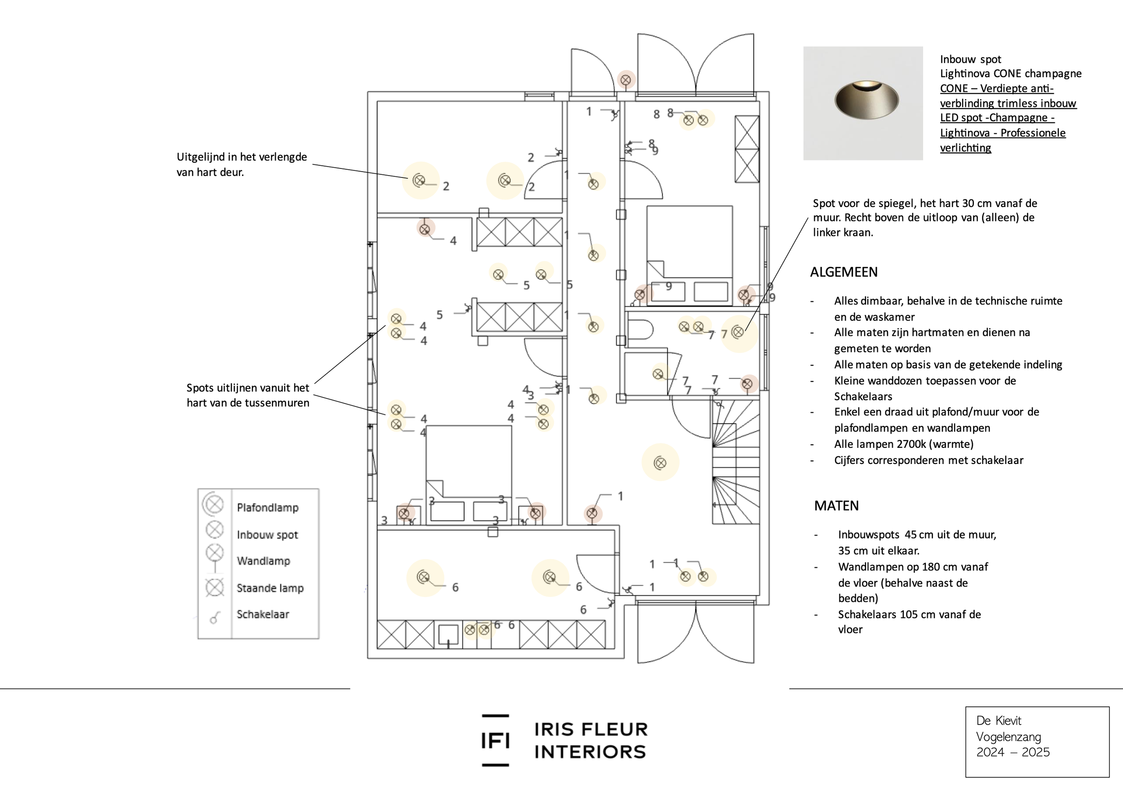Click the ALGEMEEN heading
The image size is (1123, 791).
[844, 272]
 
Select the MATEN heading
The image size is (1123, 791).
[836, 506]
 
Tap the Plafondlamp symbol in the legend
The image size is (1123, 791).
[213, 504]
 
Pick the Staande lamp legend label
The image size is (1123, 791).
[270, 588]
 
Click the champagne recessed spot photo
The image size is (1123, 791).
[863, 103]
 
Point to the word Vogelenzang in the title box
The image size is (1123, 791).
[1008, 737]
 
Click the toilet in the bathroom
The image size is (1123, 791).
[641, 330]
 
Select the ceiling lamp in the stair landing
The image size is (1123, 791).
[660, 462]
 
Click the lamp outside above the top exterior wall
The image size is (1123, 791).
[626, 79]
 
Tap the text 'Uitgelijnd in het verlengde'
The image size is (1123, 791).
[242, 157]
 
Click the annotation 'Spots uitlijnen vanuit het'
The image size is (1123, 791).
[248, 388]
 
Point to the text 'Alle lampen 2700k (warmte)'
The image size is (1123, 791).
[903, 444]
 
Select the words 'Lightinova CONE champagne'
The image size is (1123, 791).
[1011, 74]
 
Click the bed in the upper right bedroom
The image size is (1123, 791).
[689, 254]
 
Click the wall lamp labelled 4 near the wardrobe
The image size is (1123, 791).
[425, 229]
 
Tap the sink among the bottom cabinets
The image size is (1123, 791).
[448, 635]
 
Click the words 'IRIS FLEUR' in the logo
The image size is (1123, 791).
[591, 729]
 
